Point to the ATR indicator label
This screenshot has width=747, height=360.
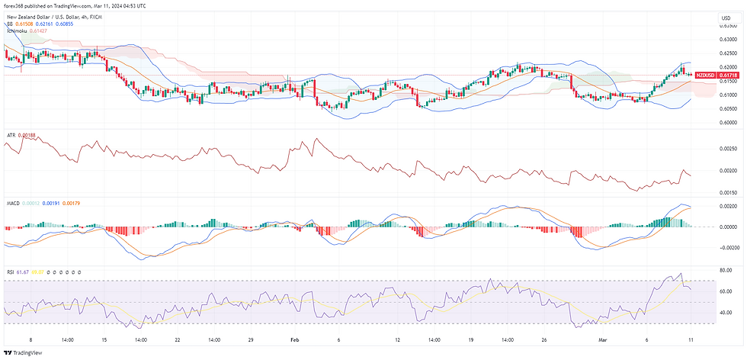[x=11, y=135]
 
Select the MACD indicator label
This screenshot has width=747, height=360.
[x=13, y=203]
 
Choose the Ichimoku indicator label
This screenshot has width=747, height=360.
[x=18, y=31]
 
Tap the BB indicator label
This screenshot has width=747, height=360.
[x=10, y=24]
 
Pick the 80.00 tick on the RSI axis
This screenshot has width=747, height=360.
[x=726, y=270]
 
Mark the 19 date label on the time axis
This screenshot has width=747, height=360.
[x=471, y=340]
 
